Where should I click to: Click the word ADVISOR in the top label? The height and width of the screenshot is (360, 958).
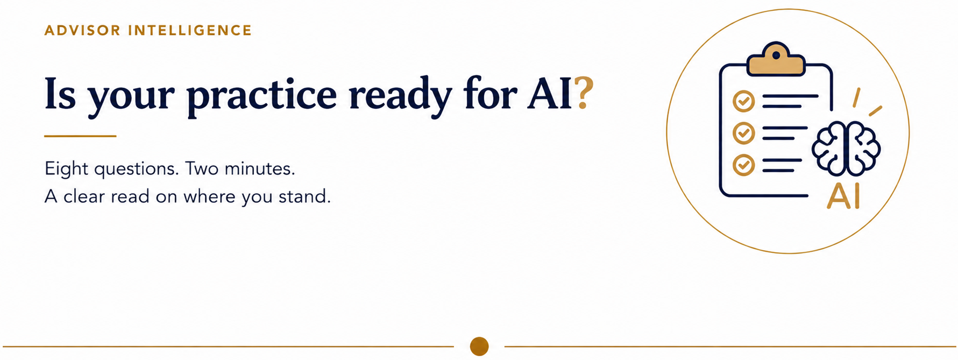click(x=82, y=30)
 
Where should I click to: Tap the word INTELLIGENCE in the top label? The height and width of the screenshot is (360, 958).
click(x=190, y=30)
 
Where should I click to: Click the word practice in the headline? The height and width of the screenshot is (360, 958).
click(x=261, y=96)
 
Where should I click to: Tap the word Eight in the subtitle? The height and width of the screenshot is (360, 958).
click(x=66, y=169)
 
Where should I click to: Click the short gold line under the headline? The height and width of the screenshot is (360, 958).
click(x=80, y=136)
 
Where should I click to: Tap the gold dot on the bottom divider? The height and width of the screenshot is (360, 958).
click(x=479, y=347)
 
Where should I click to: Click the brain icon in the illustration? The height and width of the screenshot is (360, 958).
click(x=846, y=149)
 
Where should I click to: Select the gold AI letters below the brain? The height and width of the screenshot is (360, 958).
click(x=843, y=196)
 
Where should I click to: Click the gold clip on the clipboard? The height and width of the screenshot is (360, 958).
click(x=776, y=59)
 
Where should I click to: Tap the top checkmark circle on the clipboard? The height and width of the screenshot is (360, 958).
click(x=744, y=101)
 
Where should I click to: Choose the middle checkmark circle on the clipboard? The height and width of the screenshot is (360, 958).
click(x=744, y=133)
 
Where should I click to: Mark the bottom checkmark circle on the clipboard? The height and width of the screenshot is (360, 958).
click(x=744, y=165)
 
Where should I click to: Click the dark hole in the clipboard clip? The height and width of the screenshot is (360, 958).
click(x=776, y=55)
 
